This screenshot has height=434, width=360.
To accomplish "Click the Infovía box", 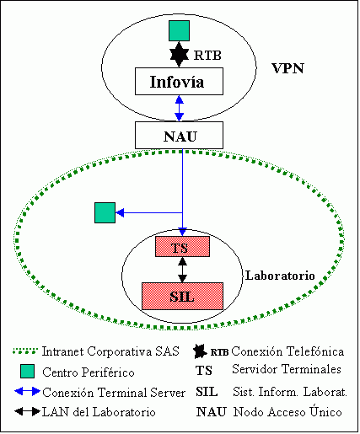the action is pyautogui.click(x=179, y=81).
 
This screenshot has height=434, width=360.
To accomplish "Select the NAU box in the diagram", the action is pyautogui.click(x=179, y=135).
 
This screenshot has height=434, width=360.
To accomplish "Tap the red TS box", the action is pyautogui.click(x=182, y=246).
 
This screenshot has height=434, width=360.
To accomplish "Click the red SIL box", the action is pyautogui.click(x=182, y=296).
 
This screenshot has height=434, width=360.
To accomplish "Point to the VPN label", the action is pyautogui.click(x=287, y=68).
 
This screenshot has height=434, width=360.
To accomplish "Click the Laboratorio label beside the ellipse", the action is pyautogui.click(x=280, y=276).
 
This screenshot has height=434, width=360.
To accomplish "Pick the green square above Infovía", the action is pyautogui.click(x=179, y=30).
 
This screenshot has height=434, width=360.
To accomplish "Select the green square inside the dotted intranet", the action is pyautogui.click(x=105, y=212).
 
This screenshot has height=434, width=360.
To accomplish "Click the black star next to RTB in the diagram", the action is pyautogui.click(x=180, y=55).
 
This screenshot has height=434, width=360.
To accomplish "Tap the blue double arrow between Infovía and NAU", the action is pyautogui.click(x=180, y=108).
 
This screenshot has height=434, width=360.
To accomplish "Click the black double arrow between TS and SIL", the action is pyautogui.click(x=182, y=270).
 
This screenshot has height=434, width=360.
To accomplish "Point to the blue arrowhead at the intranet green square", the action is pyautogui.click(x=120, y=212).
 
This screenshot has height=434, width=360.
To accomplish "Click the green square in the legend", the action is pyautogui.click(x=28, y=371).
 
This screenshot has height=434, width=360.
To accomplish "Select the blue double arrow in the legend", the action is pyautogui.click(x=27, y=391).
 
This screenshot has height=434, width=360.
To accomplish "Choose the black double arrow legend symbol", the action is pyautogui.click(x=27, y=411).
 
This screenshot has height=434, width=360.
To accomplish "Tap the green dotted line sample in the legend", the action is pyautogui.click(x=25, y=351).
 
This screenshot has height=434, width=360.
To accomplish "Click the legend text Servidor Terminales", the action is pyautogui.click(x=287, y=369).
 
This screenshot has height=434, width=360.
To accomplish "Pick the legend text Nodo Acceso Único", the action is pyautogui.click(x=287, y=411).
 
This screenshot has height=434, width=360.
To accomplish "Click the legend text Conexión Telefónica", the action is pyautogui.click(x=287, y=351).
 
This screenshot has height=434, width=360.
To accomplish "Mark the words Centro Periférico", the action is pyautogui.click(x=89, y=372).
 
